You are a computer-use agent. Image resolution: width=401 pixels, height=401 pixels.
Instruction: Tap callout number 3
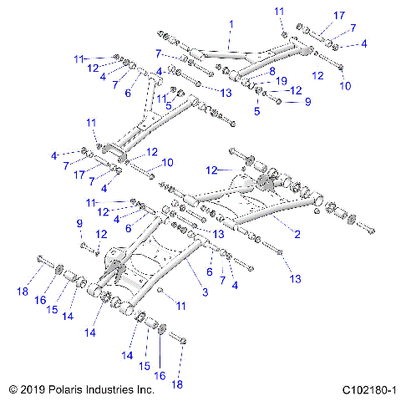(x=206, y=292)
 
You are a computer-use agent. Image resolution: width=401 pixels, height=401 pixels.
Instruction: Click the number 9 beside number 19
(x=307, y=102)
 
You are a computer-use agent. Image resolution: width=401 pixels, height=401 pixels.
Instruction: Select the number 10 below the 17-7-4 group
(x=347, y=85)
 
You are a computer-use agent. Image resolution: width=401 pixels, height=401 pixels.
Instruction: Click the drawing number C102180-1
(x=368, y=389)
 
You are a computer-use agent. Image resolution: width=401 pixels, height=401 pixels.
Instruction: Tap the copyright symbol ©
(x=13, y=389)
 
